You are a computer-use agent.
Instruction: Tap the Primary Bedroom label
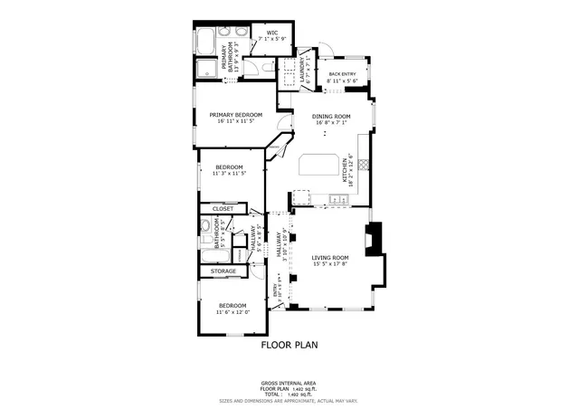(x=235, y=115)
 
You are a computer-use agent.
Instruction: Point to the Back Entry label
(x=343, y=74)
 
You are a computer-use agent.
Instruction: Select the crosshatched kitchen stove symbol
(x=365, y=165)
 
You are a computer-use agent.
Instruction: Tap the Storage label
(x=223, y=271)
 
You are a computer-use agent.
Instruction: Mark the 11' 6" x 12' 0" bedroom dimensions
(x=233, y=314)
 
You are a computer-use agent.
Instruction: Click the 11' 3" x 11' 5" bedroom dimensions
(x=230, y=174)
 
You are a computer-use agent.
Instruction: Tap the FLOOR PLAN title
(x=289, y=345)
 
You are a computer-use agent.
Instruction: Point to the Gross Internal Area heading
(x=289, y=383)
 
